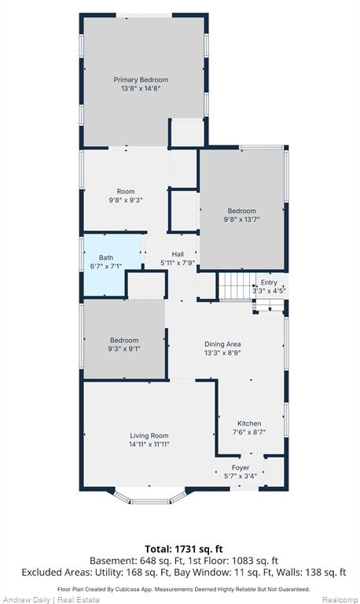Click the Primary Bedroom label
pyautogui.click(x=141, y=79)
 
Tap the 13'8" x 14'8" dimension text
pyautogui.click(x=141, y=89)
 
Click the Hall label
pyautogui.click(x=178, y=254)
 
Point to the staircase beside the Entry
pyautogui.click(x=237, y=285)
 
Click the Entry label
pyautogui.click(x=269, y=282)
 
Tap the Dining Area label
pyautogui.click(x=222, y=344)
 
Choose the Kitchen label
pyautogui.click(x=249, y=423)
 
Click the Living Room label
pyautogui.click(x=149, y=436)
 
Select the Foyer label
pyautogui.click(x=241, y=468)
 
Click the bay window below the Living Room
pyautogui.click(x=150, y=496)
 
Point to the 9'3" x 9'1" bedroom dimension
pyautogui.click(x=124, y=349)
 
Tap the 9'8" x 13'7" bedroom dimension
pyautogui.click(x=242, y=219)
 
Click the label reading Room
pyautogui.click(x=126, y=191)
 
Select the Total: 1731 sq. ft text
pyautogui.click(x=184, y=549)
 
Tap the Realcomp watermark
pyautogui.click(x=340, y=600)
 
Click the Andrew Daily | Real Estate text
pyautogui.click(x=51, y=600)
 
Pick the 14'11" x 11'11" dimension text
pyautogui.click(x=149, y=444)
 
